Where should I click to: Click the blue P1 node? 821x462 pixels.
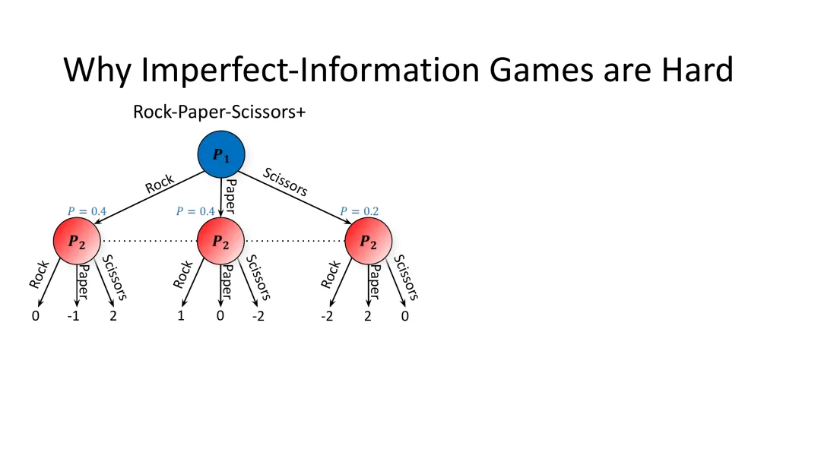click(x=221, y=154)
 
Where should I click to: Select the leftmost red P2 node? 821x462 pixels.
click(x=77, y=241)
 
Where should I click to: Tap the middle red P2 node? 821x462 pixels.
click(x=220, y=241)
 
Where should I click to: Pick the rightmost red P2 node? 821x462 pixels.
click(x=368, y=241)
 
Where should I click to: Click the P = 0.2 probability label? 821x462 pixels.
click(x=359, y=211)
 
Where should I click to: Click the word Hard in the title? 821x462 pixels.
click(x=697, y=69)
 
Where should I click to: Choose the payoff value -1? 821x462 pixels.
click(x=74, y=316)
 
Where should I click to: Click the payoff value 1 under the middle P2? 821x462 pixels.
click(x=181, y=316)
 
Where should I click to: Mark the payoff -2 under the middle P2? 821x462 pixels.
click(x=258, y=316)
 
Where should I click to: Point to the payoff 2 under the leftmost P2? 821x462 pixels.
click(x=113, y=316)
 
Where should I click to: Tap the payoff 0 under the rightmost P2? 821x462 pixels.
click(x=404, y=316)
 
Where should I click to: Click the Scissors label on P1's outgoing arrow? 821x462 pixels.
click(x=285, y=182)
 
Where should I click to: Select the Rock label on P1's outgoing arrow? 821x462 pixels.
click(x=160, y=184)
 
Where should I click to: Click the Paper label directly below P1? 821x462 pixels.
click(x=230, y=195)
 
